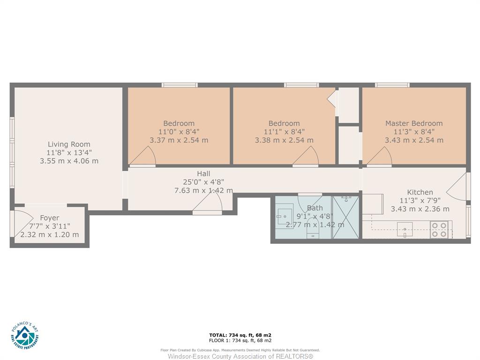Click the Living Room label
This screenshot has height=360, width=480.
[69, 144]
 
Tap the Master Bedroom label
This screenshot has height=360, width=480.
[414, 123]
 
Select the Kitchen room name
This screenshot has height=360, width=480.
[420, 192]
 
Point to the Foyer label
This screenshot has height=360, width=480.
[50, 218]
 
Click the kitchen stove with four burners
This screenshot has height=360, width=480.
[439, 230]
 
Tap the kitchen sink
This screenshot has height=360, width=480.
[405, 230]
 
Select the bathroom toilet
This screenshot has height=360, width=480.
[313, 228]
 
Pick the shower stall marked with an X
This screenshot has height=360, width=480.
[345, 217]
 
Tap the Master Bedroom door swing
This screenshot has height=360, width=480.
[380, 156]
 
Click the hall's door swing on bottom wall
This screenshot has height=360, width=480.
[207, 202]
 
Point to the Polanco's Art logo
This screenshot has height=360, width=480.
[25, 335]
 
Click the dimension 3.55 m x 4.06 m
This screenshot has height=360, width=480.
[69, 161]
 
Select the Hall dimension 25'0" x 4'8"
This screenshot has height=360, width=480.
[203, 182]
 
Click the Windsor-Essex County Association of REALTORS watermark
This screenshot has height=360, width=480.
[240, 356]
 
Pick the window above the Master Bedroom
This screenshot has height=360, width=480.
[392, 85]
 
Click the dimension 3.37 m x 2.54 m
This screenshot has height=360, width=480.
[179, 140]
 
